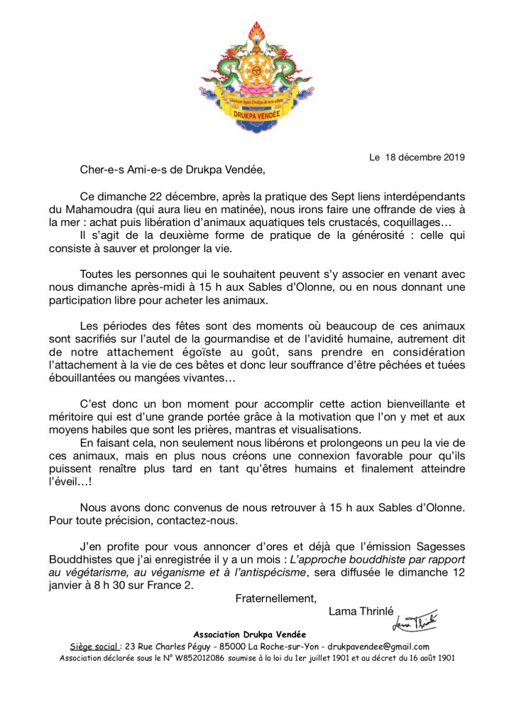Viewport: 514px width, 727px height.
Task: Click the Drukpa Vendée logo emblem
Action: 257,79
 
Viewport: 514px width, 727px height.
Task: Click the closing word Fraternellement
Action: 275,598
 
